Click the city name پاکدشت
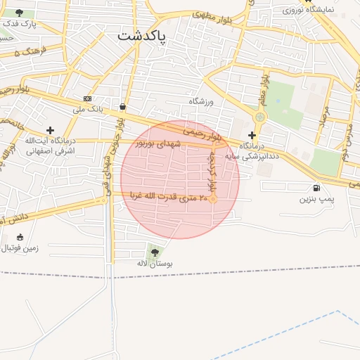(x=142, y=37)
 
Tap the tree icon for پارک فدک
(x=19, y=13)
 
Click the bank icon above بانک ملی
(x=87, y=99)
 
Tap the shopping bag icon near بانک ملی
(x=123, y=107)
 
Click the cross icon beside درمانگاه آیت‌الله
(x=50, y=130)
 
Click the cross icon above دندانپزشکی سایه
(x=252, y=134)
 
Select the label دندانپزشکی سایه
(x=252, y=155)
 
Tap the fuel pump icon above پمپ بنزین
(x=316, y=188)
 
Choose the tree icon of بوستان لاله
(x=155, y=252)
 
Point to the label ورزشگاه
(x=200, y=101)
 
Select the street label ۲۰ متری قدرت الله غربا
(x=175, y=198)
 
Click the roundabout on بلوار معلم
(x=261, y=117)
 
